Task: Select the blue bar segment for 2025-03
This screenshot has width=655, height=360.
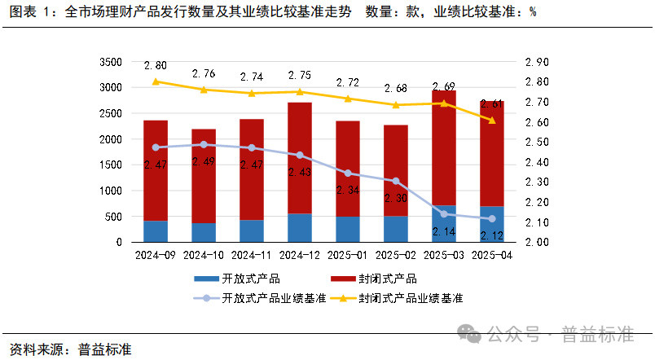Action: (444, 224)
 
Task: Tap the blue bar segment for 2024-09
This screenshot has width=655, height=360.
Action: (156, 231)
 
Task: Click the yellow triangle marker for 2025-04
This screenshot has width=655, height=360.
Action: (492, 121)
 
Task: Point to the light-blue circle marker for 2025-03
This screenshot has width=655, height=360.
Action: (444, 214)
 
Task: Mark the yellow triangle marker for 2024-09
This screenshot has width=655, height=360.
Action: (156, 81)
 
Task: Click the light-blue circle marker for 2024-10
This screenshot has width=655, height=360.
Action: (204, 144)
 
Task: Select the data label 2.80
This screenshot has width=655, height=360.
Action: (155, 65)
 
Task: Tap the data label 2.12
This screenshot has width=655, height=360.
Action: (492, 235)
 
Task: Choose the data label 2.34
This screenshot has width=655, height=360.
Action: (348, 190)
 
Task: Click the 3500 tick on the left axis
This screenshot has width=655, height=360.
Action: (108, 62)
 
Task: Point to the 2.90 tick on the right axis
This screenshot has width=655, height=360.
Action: (538, 62)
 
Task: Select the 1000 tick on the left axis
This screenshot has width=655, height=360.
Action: (108, 191)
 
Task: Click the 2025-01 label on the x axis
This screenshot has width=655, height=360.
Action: (348, 256)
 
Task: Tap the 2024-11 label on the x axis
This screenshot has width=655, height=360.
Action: (252, 256)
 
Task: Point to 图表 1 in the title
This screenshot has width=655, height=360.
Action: (28, 12)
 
